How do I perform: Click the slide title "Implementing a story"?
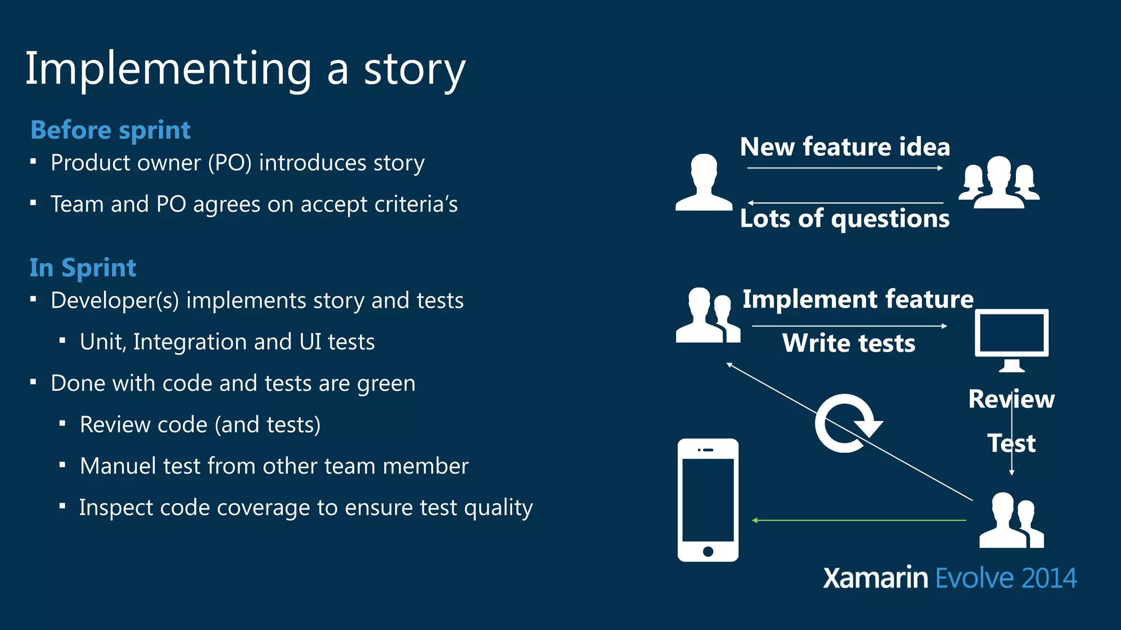[245, 69]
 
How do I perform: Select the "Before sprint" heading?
[111, 130]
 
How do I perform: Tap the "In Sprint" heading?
[83, 268]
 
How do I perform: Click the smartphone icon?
[708, 500]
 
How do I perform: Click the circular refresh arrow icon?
[846, 423]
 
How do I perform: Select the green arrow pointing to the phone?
[859, 520]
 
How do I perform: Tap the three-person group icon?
[999, 183]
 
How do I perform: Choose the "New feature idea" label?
[845, 147]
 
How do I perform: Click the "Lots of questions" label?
[845, 219]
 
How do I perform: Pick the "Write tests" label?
[848, 343]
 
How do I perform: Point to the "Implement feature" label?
[858, 299]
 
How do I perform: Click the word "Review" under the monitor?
[1011, 399]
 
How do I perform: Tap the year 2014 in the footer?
[1048, 579]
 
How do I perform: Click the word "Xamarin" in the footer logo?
[875, 579]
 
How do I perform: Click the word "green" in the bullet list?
[386, 384]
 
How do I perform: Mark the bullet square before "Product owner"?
[33, 162]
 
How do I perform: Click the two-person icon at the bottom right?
[1012, 521]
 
